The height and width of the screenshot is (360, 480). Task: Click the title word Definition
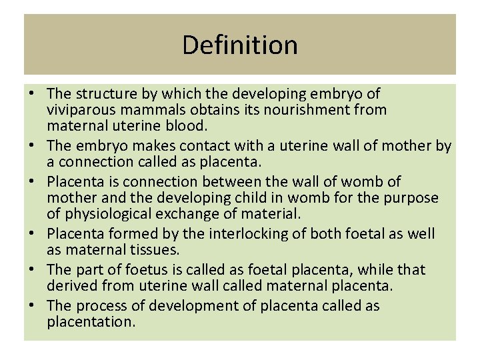[239, 45]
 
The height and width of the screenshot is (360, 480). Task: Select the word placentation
[91, 323]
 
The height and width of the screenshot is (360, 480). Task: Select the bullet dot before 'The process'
[33, 307]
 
